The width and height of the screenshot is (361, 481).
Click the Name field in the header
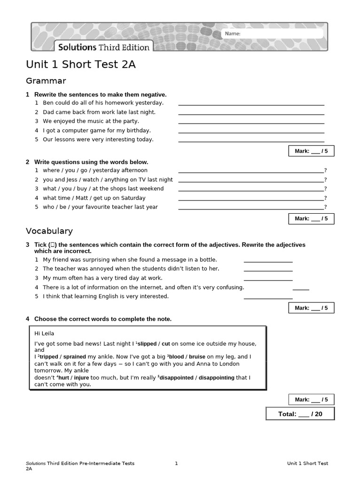tap(273, 34)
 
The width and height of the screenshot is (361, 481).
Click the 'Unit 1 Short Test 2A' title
tap(80, 65)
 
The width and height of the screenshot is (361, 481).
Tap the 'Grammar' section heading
tap(46, 81)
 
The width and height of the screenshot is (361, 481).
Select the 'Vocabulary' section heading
tap(49, 231)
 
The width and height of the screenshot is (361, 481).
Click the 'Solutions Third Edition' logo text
tap(103, 47)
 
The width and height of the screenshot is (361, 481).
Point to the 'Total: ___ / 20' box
tap(300, 414)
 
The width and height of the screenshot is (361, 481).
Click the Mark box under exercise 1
tap(311, 151)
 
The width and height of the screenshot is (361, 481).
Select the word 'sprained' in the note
tap(74, 357)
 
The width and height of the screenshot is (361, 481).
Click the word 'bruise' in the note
tap(197, 357)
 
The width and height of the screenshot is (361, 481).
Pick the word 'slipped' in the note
tap(147, 344)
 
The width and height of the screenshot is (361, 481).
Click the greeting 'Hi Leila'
tap(45, 334)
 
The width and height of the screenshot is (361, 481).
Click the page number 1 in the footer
tap(176, 464)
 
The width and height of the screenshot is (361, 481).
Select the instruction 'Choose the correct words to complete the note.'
tap(103, 319)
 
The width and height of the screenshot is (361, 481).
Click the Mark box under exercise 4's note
tap(311, 400)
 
